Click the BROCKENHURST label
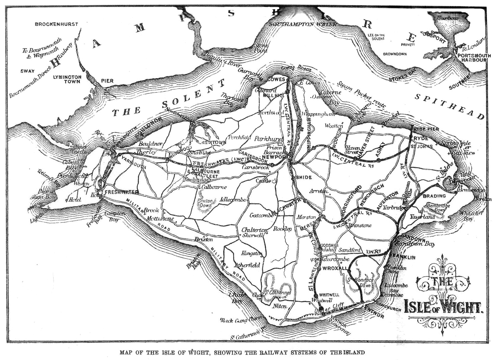(x=56, y=24)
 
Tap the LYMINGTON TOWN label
(x=67, y=79)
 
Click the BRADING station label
(x=434, y=196)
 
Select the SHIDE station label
(x=304, y=177)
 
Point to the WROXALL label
(x=335, y=269)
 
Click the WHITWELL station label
(x=329, y=295)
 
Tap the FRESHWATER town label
(x=121, y=192)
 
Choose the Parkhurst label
(x=269, y=138)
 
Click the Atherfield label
(x=247, y=265)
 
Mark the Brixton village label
(x=203, y=239)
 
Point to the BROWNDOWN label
(x=395, y=54)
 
